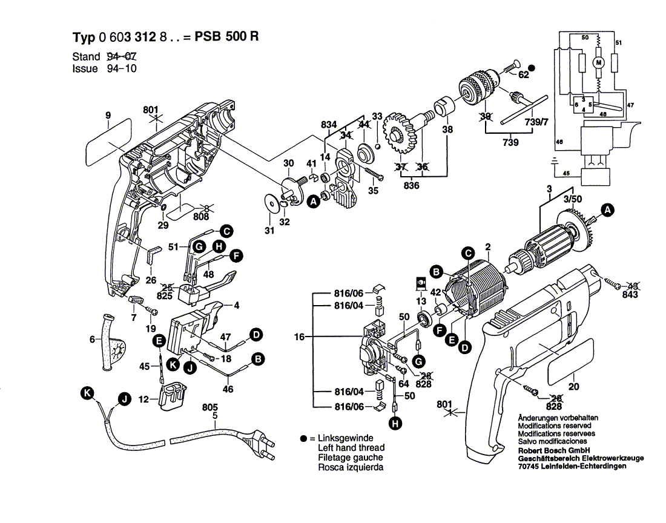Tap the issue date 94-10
(121, 68)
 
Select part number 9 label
(107, 115)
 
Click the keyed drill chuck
(481, 85)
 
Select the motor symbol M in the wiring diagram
(599, 62)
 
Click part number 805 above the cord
(209, 407)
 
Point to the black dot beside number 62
(532, 68)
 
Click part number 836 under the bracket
(412, 185)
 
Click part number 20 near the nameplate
(573, 384)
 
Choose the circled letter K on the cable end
(88, 394)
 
